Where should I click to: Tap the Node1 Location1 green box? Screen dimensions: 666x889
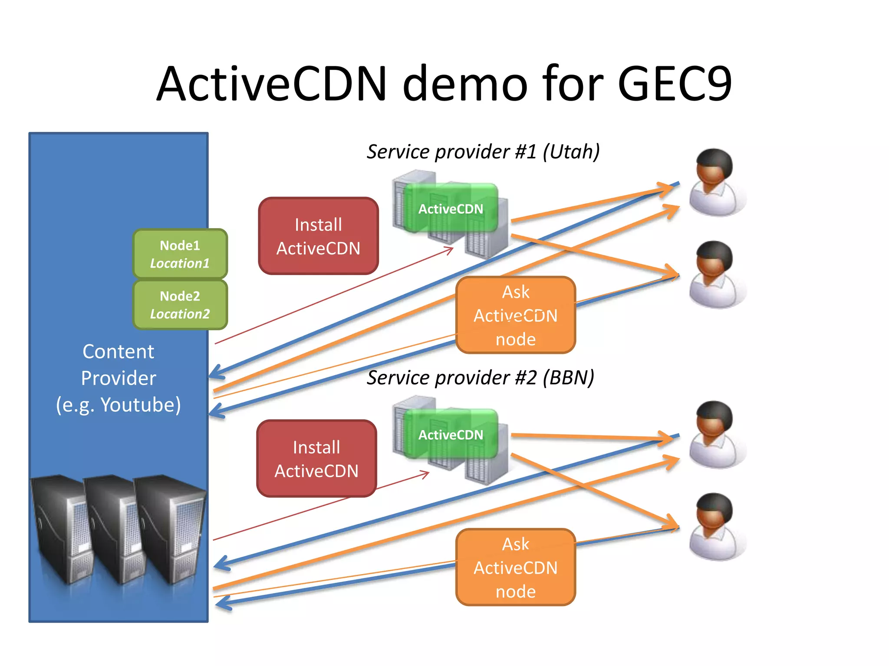tap(180, 254)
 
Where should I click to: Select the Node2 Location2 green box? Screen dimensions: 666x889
tap(180, 305)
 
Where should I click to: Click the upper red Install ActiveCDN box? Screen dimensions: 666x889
tap(318, 236)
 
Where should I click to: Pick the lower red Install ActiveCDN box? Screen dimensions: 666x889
tap(316, 459)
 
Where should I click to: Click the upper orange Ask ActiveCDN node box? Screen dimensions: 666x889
tap(516, 315)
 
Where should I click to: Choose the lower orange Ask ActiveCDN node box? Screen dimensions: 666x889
tap(516, 568)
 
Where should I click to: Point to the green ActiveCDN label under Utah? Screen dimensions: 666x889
tap(451, 209)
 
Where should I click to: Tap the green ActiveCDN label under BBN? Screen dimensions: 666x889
tap(451, 435)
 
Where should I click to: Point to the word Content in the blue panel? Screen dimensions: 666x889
tap(118, 352)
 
